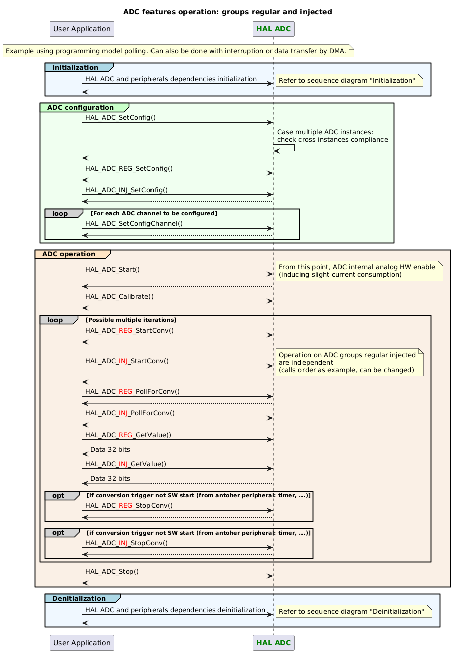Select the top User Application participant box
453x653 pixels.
coord(82,29)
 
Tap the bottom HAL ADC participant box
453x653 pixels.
coord(273,643)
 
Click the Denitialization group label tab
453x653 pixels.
coord(79,599)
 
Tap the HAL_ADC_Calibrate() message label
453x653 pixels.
coord(119,296)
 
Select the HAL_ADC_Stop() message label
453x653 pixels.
coord(112,571)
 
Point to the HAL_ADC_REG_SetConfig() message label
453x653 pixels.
coord(129,168)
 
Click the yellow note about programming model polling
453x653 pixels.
coord(178,51)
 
